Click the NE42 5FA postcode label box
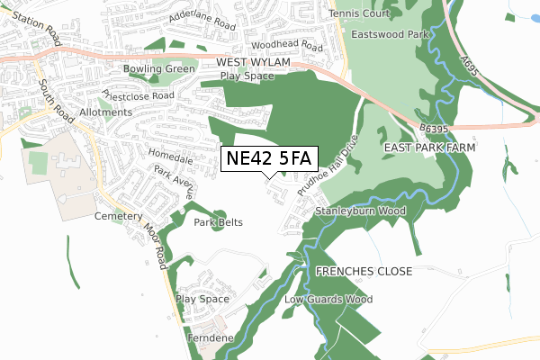pos(269,158)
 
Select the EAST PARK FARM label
pos(429,147)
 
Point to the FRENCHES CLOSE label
pos(364,271)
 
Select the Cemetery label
pos(119,217)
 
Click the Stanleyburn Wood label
pos(360,211)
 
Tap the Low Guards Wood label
pos(328,299)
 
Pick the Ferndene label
pos(211,337)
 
